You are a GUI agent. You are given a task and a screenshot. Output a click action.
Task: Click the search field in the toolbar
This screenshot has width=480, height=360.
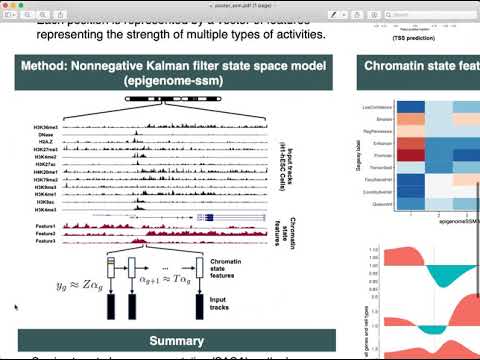(440, 13)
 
